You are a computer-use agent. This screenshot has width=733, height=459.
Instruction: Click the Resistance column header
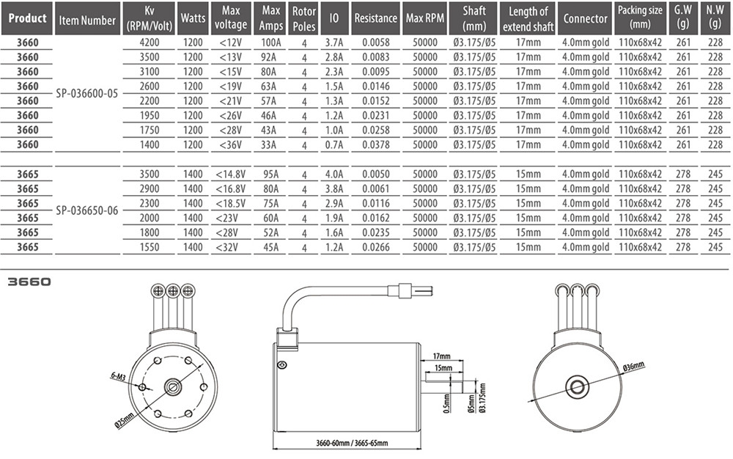375,18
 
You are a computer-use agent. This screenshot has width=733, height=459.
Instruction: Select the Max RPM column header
425,18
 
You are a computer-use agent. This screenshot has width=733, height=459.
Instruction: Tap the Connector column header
585,18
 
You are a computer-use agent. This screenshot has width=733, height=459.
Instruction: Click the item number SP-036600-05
87,93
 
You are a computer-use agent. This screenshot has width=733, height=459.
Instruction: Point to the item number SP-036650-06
87,210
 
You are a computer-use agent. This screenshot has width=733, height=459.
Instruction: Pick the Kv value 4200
149,43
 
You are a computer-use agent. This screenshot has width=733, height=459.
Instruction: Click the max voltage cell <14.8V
230,175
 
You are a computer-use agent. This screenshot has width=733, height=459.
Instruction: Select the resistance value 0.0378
376,145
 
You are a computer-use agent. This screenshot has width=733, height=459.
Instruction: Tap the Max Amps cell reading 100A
271,43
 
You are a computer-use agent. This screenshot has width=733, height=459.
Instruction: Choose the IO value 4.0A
334,175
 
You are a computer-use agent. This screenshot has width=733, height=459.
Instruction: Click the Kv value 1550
149,247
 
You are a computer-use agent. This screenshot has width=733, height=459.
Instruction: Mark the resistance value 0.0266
376,247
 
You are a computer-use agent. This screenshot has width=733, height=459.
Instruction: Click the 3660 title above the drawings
29,282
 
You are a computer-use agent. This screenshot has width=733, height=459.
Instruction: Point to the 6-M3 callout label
118,376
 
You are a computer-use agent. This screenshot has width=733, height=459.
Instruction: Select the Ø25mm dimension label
125,421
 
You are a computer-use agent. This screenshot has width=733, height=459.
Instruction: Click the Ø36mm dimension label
634,367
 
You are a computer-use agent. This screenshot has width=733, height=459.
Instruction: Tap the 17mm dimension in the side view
442,356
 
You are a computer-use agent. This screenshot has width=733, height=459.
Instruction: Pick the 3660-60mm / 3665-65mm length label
352,443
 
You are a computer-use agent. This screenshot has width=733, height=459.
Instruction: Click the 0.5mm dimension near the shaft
447,403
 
